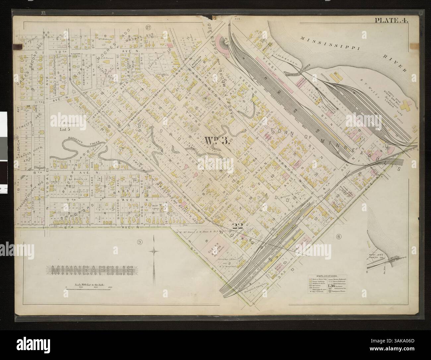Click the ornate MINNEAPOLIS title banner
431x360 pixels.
(x=92, y=270)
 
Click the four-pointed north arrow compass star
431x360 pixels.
(x=154, y=252)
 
